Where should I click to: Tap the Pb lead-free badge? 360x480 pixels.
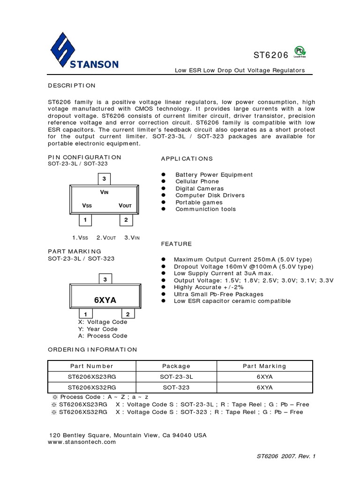(299, 51)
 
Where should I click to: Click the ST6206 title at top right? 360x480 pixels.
(271, 55)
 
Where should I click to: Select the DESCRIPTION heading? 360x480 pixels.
(72, 85)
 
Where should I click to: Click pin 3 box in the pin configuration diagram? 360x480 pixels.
(104, 179)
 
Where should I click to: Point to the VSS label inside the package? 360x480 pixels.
(88, 205)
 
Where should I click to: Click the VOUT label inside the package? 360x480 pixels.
(125, 205)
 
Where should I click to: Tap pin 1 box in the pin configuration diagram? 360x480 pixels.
(85, 219)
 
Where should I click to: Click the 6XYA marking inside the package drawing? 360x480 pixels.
(105, 300)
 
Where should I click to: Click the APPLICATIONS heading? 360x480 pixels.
(187, 158)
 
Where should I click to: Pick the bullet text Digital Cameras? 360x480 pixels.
(200, 188)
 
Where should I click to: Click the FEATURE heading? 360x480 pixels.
(176, 244)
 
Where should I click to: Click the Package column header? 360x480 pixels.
(176, 366)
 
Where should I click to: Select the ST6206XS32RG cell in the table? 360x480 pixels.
(92, 388)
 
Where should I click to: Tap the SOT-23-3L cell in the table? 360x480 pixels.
(176, 376)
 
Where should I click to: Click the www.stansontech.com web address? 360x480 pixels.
(82, 442)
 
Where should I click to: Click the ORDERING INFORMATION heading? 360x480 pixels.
(93, 349)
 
